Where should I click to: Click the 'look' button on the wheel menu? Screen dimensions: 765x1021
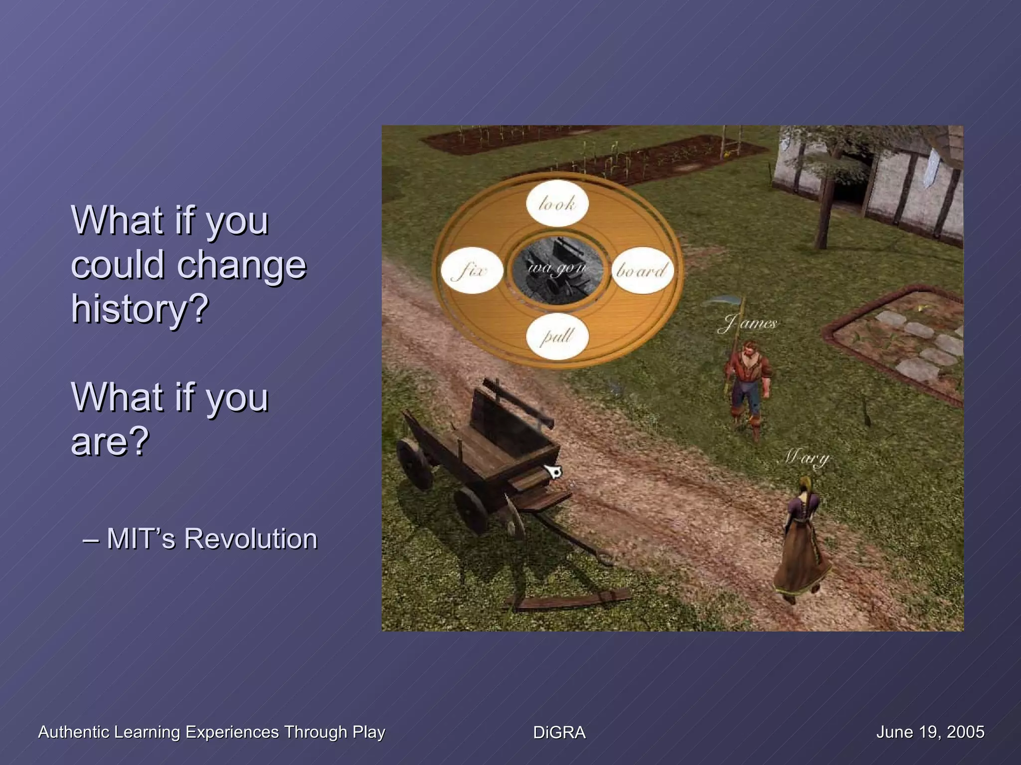[557, 203]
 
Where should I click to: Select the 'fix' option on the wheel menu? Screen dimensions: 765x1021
[472, 270]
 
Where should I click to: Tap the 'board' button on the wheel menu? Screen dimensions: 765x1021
[643, 270]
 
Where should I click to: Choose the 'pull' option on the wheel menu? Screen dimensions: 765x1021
[557, 336]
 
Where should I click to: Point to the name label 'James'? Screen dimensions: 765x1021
[748, 324]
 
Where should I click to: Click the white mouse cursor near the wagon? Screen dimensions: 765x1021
[553, 471]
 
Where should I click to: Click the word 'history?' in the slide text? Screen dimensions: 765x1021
[140, 309]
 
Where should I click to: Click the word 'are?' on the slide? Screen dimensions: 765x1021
[110, 441]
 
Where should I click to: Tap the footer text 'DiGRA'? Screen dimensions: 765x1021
[559, 732]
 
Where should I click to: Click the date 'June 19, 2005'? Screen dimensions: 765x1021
[930, 732]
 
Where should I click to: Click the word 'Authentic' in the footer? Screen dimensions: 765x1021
[74, 732]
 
